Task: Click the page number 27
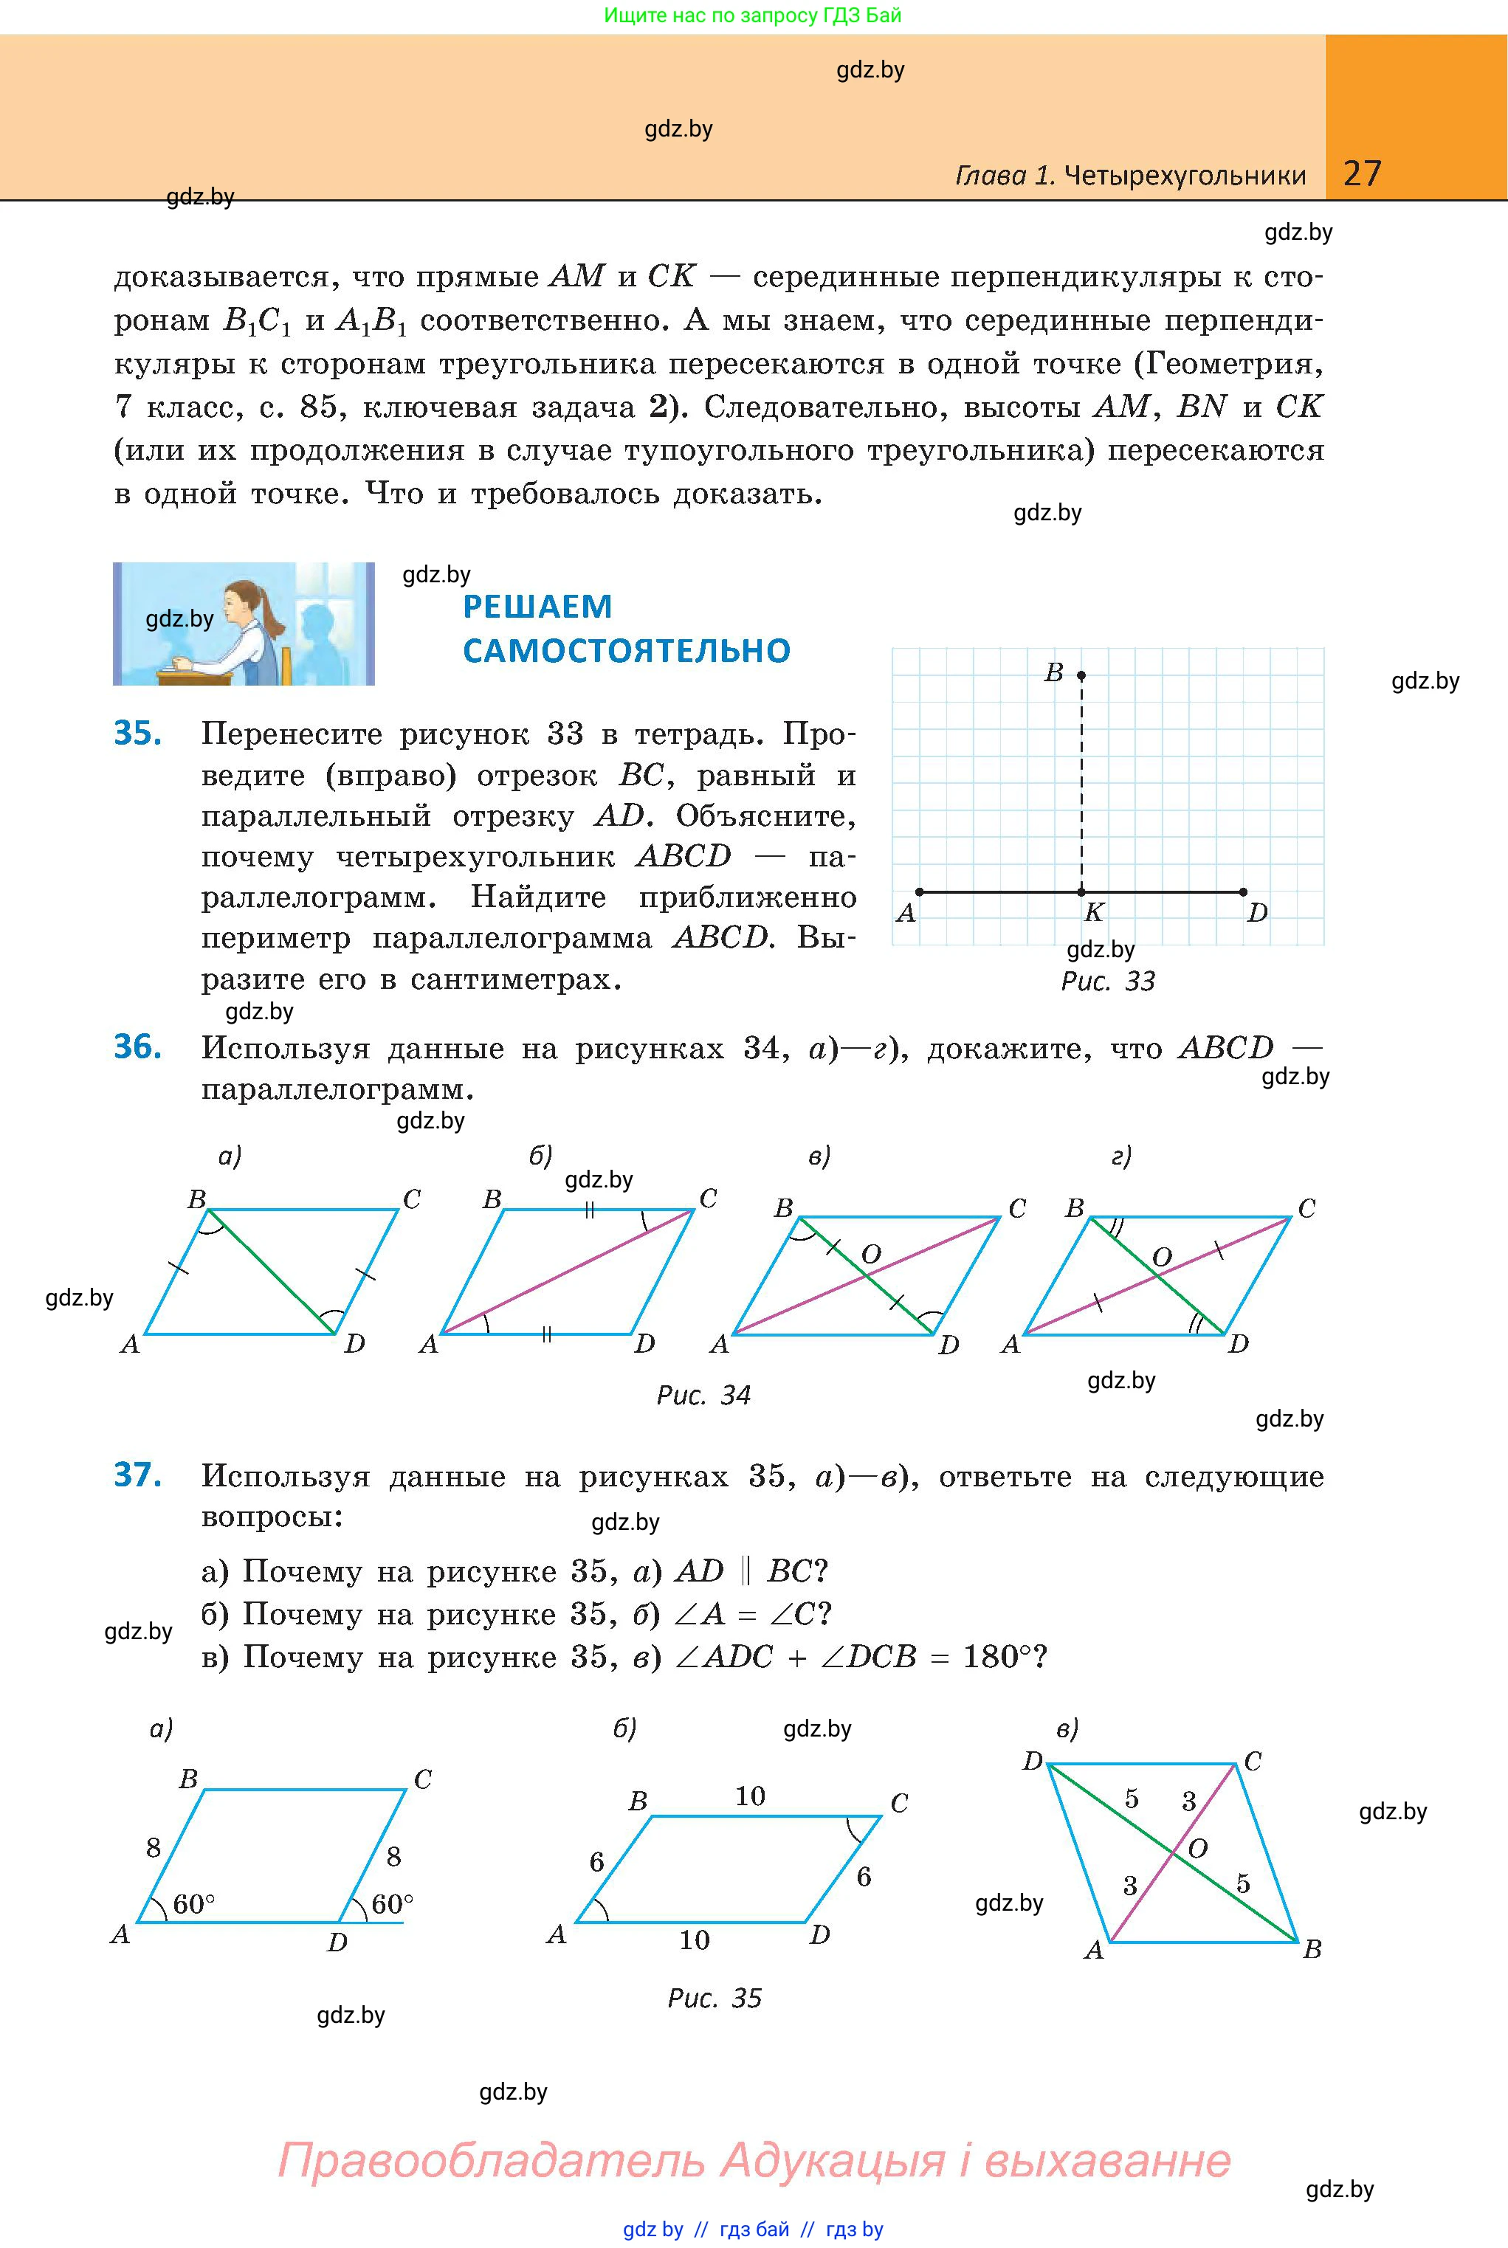point(1362,173)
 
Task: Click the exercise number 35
point(137,733)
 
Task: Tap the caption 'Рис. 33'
point(1108,981)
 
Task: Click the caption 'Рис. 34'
point(703,1394)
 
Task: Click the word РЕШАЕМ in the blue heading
point(537,607)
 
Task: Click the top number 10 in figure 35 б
point(750,1796)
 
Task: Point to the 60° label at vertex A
point(193,1904)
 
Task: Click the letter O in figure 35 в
point(1197,1848)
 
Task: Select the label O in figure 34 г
point(1162,1257)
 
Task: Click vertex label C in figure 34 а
point(412,1199)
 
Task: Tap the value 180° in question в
point(997,1657)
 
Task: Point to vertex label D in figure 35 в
point(1032,1760)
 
